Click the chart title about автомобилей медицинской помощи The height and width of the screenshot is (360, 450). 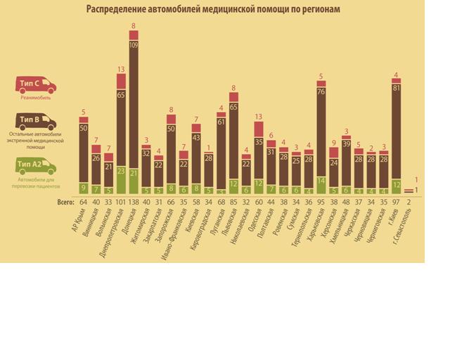point(213,9)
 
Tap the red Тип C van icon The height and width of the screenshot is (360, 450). point(35,85)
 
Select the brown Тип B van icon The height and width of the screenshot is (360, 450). point(36,122)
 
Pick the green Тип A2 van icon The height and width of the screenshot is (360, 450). point(36,167)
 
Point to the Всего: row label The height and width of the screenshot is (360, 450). point(66,202)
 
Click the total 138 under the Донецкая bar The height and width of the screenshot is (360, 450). point(133,202)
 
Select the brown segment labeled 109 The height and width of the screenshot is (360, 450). point(134,105)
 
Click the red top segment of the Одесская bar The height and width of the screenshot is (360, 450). point(259,129)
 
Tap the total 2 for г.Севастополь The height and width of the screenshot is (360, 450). point(409,202)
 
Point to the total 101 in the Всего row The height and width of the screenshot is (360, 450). point(120,202)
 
